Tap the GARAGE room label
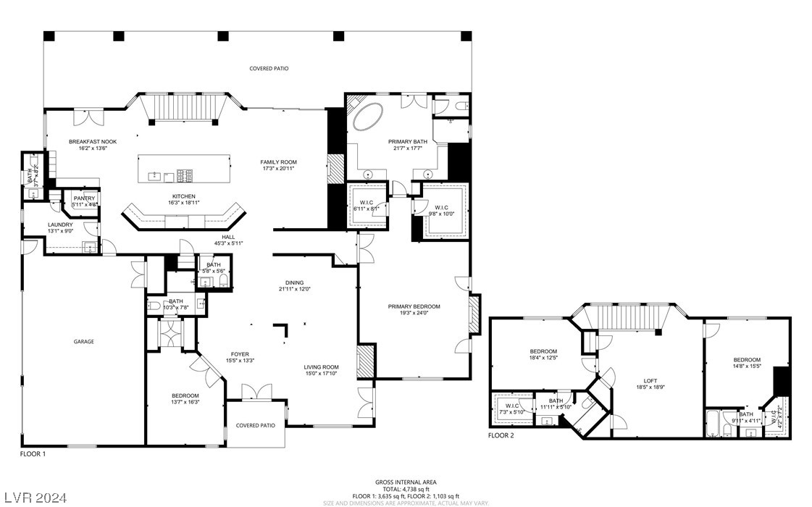coord(83,341)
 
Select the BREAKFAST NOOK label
coord(93,141)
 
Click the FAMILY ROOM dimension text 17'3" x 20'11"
coord(279,169)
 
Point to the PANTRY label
coord(84,198)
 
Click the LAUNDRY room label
coord(61,225)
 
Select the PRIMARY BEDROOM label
coord(414,306)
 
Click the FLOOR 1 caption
coord(33,453)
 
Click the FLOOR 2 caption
coord(501,435)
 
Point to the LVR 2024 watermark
coord(34,498)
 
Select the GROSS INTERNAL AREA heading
coord(406,482)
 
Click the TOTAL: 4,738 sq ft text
coord(406,489)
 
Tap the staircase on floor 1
coord(177,106)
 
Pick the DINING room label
coord(294,282)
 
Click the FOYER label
coord(240,353)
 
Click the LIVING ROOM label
coord(321,367)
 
